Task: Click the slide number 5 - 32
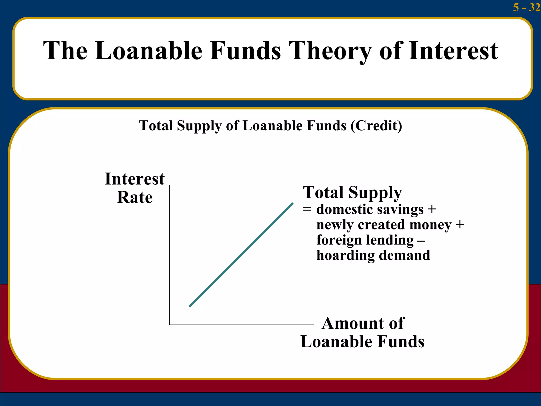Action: coord(526,7)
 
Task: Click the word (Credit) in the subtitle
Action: coord(376,126)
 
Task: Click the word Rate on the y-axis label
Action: coord(135,197)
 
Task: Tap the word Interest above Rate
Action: coord(135,179)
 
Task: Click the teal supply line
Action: coord(241,255)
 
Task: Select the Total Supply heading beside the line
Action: coord(352,192)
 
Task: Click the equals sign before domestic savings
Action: coord(307,209)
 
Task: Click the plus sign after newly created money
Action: coord(460,225)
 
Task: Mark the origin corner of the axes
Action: coord(170,325)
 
